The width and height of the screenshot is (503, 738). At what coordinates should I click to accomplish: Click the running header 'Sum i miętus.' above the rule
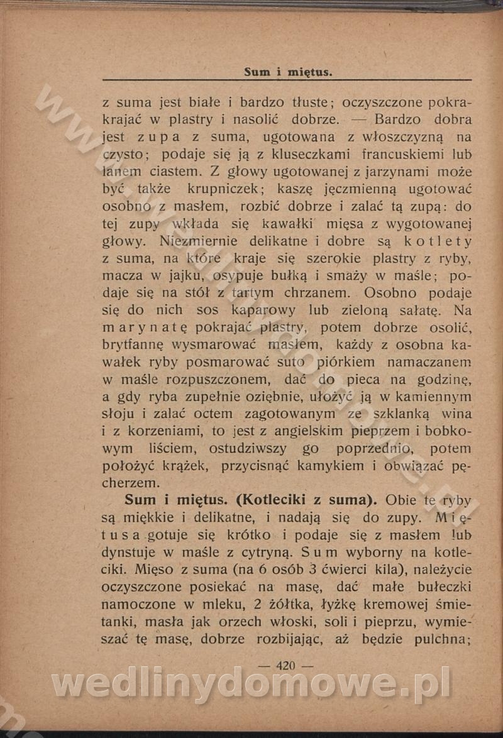point(288,72)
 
